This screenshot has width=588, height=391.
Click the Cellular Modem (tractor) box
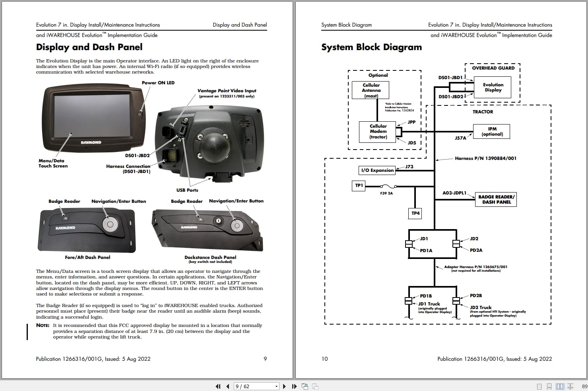coord(378,132)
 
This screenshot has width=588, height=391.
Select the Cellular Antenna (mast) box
coord(371,90)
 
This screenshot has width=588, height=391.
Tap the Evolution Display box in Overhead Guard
coord(493,88)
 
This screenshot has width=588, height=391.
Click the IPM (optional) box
coord(492,132)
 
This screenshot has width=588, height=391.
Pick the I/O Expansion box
coord(377,170)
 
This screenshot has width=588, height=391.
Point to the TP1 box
coord(359,185)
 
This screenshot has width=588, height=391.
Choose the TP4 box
coord(415,214)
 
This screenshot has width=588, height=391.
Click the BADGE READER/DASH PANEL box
coord(496,199)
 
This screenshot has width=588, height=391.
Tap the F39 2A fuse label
coord(386,193)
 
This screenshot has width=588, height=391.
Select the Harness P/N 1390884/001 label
coord(485,158)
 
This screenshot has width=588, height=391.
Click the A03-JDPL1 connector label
coord(454,193)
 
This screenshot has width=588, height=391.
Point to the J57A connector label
coord(460,138)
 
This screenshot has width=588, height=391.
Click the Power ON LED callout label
coord(158,83)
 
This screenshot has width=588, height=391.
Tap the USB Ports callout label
coord(187,190)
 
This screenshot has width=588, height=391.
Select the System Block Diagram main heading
coord(371,47)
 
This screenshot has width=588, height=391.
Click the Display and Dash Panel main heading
coord(89,47)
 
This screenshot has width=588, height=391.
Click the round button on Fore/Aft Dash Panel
coord(110,224)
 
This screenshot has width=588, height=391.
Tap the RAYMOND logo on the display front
coord(91,142)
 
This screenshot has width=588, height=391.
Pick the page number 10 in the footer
coord(324,359)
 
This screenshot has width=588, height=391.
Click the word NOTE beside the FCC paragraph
coord(43,325)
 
